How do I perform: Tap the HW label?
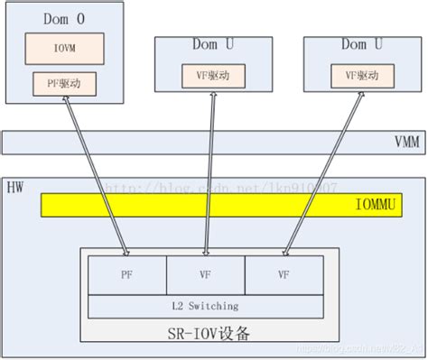pyautogui.click(x=15, y=187)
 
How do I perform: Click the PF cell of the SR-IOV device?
pyautogui.click(x=127, y=272)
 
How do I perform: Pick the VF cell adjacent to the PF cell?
pyautogui.click(x=205, y=272)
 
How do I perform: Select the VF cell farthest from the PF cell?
pyautogui.click(x=283, y=272)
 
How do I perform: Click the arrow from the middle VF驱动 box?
pyautogui.click(x=211, y=171)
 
